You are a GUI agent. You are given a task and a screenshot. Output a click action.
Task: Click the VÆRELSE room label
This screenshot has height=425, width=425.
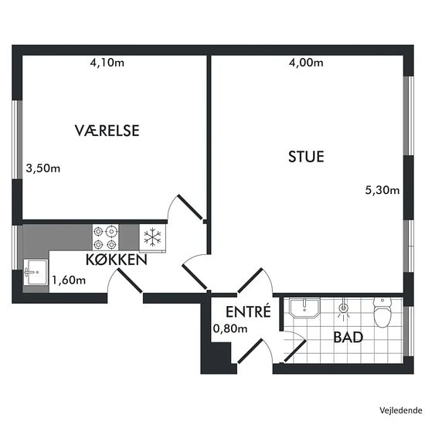click(x=107, y=131)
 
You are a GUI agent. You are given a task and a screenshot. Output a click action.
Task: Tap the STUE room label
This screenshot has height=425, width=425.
click(x=306, y=157)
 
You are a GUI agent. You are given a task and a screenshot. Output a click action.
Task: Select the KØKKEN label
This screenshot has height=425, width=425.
click(x=117, y=260)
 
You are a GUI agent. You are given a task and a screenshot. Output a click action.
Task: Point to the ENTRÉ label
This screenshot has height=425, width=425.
click(x=248, y=311)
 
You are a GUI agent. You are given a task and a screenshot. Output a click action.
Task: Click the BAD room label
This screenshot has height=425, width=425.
click(x=348, y=337)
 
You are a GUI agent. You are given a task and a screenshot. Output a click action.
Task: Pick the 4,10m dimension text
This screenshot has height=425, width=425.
click(x=107, y=63)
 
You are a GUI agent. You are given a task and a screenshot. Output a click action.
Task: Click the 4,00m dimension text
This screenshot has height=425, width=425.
click(x=306, y=63)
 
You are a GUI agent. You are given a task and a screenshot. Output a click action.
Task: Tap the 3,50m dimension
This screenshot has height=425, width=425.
click(x=42, y=168)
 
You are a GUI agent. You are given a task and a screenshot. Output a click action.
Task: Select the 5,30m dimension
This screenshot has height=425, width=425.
click(x=382, y=190)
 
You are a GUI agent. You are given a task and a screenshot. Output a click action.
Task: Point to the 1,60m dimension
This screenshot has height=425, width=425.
click(x=69, y=280)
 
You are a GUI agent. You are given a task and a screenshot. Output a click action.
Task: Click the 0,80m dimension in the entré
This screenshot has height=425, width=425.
click(x=230, y=328)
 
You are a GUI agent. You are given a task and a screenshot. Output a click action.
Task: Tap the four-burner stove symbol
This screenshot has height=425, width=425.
click(x=105, y=237)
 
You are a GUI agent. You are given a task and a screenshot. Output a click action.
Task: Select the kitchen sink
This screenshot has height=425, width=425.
click(x=36, y=272)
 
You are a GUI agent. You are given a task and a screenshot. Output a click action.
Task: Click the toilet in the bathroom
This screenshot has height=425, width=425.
click(x=382, y=312)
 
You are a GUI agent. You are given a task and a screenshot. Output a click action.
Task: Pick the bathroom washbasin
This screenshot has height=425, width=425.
click(x=304, y=308)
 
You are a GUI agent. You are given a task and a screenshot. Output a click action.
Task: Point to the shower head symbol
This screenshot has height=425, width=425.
click(x=343, y=310)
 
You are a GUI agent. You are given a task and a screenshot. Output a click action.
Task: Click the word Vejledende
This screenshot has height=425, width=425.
click(x=401, y=410)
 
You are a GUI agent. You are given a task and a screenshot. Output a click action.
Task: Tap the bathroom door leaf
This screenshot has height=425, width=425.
click(x=295, y=352)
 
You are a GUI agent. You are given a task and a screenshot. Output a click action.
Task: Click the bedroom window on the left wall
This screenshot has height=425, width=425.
click(x=17, y=140)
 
